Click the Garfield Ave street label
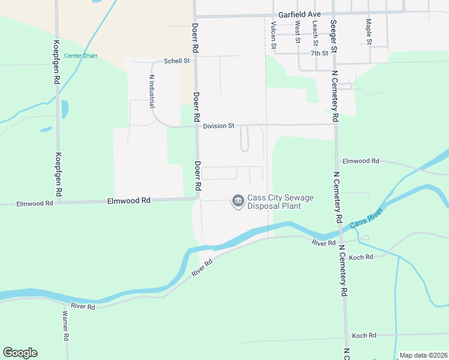click(300, 14)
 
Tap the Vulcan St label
click(273, 35)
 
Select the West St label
click(297, 33)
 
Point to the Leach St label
click(315, 33)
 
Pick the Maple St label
click(369, 31)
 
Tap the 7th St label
click(319, 53)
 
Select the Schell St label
click(177, 61)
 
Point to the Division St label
click(218, 126)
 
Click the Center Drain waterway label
click(80, 56)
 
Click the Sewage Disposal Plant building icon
click(238, 201)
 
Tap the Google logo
click(20, 353)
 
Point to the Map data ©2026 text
click(423, 355)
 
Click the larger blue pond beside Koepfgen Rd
click(65, 109)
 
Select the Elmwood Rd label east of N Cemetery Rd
click(361, 161)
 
